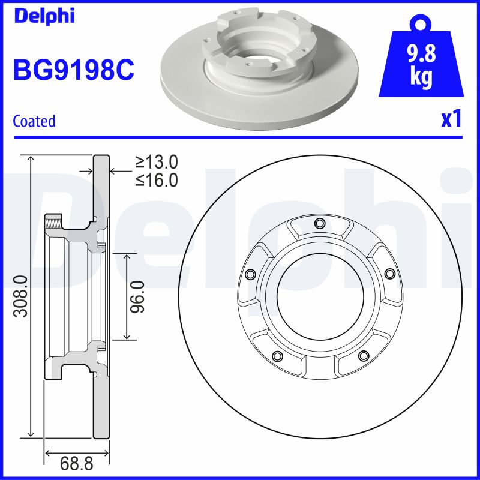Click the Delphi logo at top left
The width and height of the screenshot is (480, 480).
(x=44, y=16)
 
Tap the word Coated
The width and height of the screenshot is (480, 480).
(x=34, y=121)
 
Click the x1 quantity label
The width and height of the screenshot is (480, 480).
(x=451, y=119)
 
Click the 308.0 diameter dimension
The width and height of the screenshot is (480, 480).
(x=20, y=295)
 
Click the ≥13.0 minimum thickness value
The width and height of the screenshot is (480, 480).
(x=157, y=161)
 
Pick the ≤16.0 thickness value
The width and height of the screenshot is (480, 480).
(x=157, y=179)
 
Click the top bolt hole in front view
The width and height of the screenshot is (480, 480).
(x=319, y=224)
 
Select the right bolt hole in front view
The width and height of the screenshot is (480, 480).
(x=389, y=274)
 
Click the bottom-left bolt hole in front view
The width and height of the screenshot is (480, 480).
(x=277, y=356)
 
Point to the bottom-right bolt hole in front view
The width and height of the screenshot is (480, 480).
(x=362, y=356)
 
